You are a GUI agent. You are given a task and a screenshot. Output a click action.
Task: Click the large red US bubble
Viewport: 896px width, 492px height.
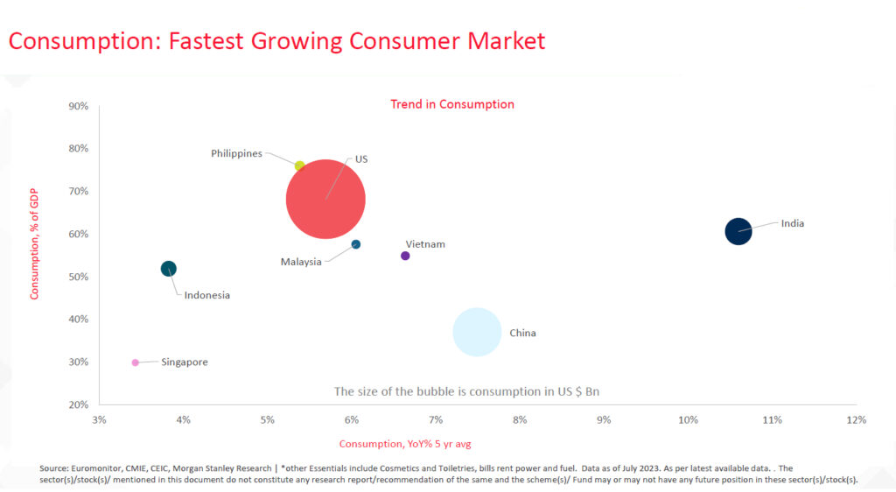(x=325, y=199)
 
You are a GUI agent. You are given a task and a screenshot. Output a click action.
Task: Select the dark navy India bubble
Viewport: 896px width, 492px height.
(x=738, y=231)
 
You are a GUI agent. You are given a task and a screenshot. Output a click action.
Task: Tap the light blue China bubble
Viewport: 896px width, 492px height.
(x=477, y=332)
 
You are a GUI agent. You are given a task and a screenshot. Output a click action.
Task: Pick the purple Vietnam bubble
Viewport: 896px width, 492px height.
(x=405, y=256)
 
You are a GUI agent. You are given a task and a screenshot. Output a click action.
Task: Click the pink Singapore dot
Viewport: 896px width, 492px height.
(x=135, y=362)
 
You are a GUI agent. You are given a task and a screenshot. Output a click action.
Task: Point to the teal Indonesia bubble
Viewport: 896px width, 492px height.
(x=169, y=269)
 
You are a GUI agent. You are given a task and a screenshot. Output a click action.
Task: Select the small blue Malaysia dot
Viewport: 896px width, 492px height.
(x=356, y=244)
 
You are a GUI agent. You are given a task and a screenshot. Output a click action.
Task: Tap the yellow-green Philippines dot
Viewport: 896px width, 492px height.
(x=299, y=165)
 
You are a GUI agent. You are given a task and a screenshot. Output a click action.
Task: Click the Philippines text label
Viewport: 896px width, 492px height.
(x=236, y=154)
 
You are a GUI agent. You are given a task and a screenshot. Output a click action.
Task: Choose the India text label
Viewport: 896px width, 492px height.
(x=793, y=223)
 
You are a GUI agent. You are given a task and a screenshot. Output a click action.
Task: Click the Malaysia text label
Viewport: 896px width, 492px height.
(x=301, y=262)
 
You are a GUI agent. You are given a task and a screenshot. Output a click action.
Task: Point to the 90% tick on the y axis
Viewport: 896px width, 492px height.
(x=78, y=106)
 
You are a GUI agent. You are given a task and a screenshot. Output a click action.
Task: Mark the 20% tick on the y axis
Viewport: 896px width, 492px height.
(x=78, y=404)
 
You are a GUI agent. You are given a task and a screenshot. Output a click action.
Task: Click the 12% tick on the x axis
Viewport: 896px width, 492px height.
(x=856, y=420)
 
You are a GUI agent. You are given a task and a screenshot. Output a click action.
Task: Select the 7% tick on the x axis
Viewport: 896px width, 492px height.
(x=435, y=420)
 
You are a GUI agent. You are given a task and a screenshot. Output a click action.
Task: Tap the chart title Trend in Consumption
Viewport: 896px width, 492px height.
(x=451, y=104)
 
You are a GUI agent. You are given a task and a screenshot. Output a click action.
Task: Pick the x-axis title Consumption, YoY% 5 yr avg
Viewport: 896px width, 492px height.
(x=405, y=444)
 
